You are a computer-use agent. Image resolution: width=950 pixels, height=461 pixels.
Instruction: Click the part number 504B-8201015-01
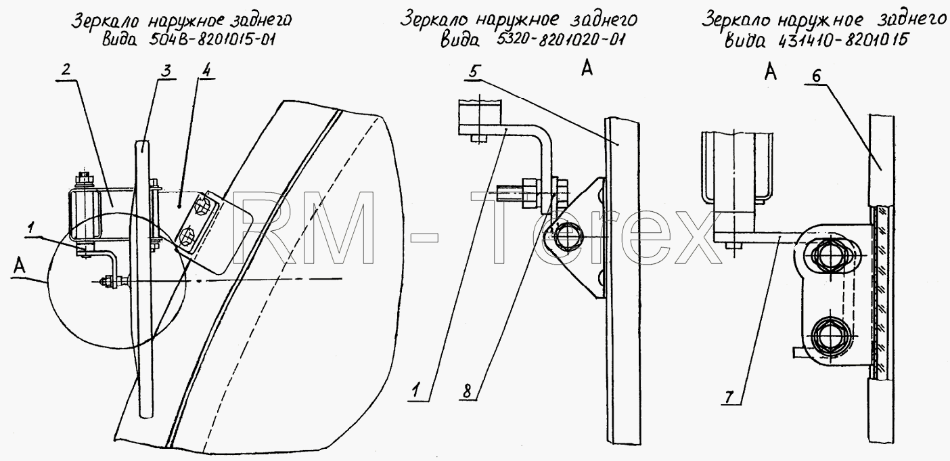[212, 39]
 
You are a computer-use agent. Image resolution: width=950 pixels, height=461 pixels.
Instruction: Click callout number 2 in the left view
[66, 70]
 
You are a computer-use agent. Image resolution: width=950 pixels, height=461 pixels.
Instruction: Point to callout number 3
[167, 70]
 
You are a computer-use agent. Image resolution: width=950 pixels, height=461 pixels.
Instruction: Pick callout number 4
[206, 70]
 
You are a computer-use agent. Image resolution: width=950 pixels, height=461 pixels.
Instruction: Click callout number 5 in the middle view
[473, 72]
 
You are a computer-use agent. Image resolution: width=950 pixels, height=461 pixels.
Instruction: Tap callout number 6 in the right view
[817, 76]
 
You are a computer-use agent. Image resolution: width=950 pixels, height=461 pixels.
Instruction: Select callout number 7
[729, 397]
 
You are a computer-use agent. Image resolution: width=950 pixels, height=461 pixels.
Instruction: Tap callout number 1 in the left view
[30, 228]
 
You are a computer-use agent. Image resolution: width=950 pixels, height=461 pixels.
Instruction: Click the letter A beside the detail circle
[20, 266]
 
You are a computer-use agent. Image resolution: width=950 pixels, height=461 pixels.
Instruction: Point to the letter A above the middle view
[587, 68]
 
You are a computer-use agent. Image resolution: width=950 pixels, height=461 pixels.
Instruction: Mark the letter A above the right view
[771, 72]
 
